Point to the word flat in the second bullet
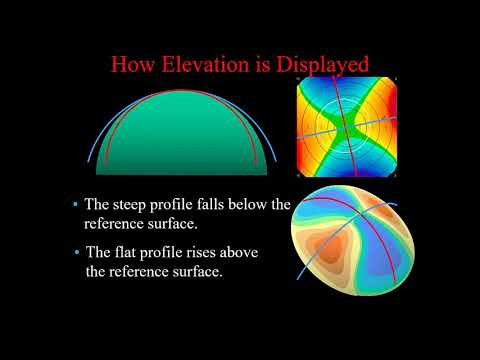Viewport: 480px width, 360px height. [131, 253]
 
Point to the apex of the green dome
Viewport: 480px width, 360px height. [175, 91]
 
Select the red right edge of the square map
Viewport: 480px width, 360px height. [399, 127]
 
